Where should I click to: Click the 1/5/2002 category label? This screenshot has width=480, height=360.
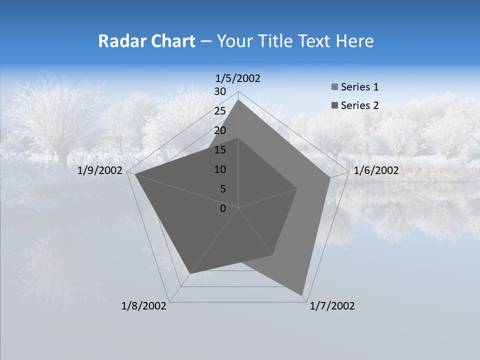click(238, 78)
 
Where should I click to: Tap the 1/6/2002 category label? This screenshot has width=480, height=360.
click(376, 170)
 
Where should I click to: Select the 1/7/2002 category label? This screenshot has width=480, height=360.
click(332, 306)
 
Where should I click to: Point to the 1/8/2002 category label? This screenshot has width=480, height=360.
click(144, 306)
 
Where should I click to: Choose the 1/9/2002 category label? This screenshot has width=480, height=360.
click(100, 170)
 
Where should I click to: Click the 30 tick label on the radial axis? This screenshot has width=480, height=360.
click(220, 91)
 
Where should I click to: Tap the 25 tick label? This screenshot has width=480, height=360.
click(220, 111)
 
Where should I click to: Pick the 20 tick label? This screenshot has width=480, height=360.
click(220, 130)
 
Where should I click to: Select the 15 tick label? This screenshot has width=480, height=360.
click(220, 150)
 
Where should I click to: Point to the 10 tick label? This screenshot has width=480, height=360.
click(220, 169)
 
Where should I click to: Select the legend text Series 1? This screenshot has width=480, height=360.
click(359, 87)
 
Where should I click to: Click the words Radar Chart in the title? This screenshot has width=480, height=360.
click(146, 41)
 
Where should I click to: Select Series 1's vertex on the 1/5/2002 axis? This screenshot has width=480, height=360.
click(238, 100)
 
